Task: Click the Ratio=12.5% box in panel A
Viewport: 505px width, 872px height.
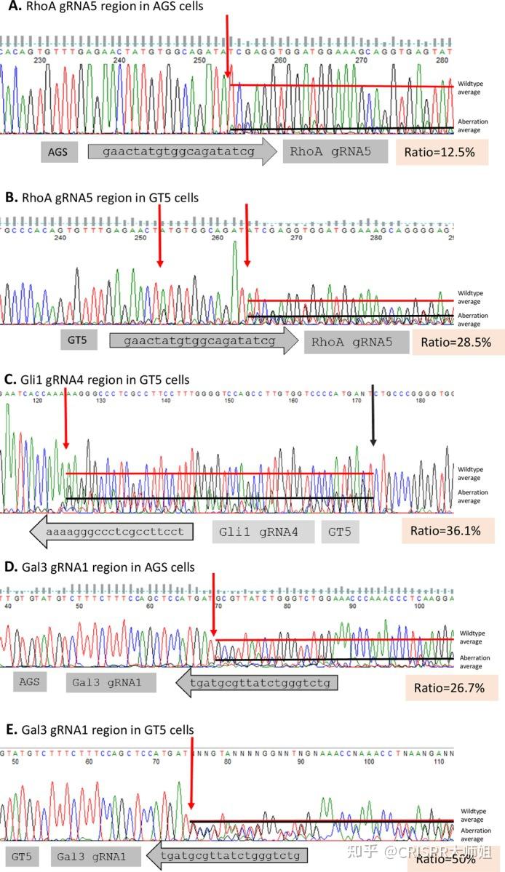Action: (441, 152)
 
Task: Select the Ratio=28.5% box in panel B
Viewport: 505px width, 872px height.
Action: (458, 341)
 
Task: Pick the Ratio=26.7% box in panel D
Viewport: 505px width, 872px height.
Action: (449, 687)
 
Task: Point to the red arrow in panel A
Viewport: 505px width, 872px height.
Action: (227, 44)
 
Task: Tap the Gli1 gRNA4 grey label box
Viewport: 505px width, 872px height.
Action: (263, 532)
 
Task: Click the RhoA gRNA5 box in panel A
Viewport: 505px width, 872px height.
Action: (330, 152)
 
